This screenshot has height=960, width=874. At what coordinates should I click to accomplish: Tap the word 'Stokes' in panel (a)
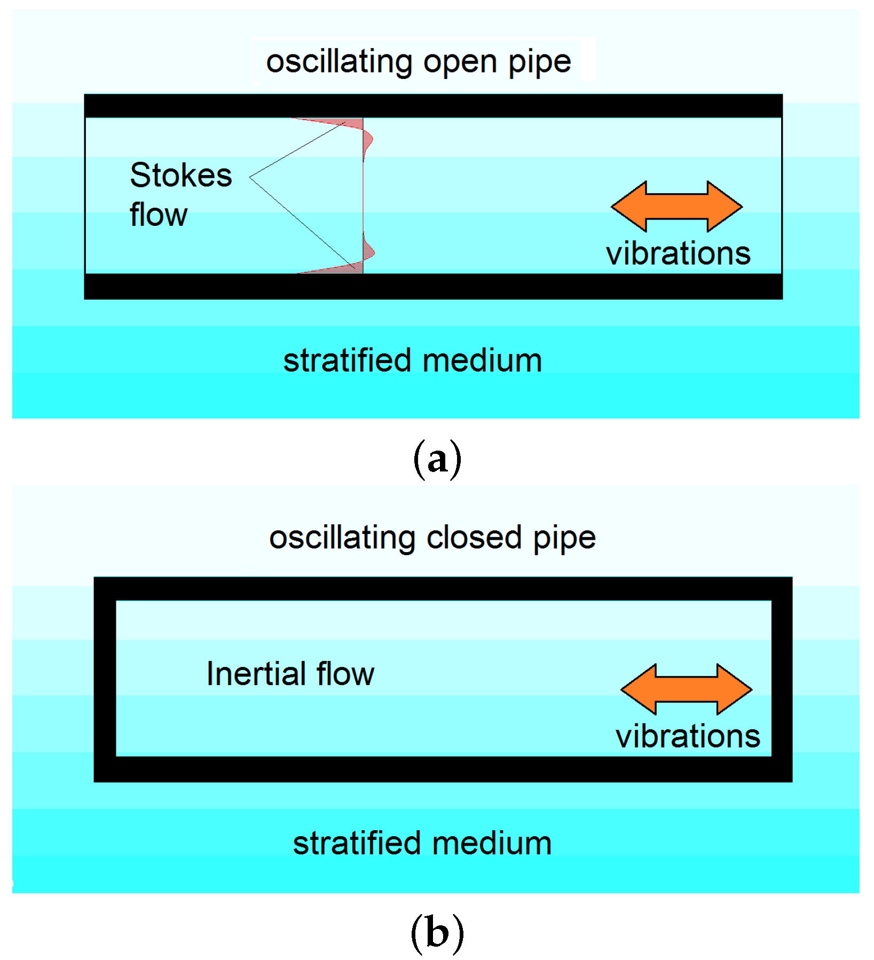tap(181, 175)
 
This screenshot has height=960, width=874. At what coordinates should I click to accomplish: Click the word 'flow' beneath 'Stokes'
tap(159, 215)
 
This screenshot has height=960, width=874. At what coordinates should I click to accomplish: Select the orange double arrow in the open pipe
tap(676, 206)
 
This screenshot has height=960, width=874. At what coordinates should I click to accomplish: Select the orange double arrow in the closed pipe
tap(686, 689)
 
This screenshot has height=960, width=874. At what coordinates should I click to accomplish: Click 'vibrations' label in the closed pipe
tap(688, 736)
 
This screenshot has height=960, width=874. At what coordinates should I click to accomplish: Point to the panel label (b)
tap(437, 933)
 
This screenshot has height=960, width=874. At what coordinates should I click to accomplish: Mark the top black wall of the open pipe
tap(433, 106)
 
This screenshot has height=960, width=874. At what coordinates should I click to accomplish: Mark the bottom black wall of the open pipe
tap(433, 286)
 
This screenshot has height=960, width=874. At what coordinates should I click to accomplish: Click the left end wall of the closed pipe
tap(105, 679)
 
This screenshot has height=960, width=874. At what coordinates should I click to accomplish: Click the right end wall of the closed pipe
tap(782, 679)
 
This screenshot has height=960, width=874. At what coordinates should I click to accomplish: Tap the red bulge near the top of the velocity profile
tap(368, 140)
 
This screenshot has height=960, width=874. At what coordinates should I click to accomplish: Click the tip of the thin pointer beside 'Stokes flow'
tap(250, 177)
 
